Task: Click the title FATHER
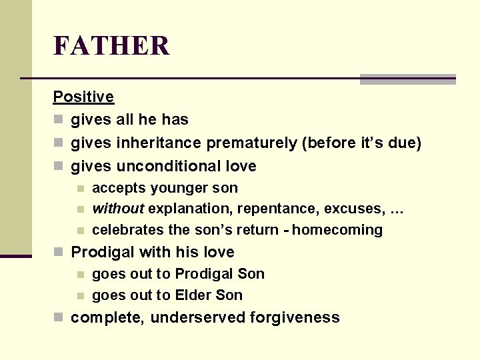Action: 111,46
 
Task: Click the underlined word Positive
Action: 83,97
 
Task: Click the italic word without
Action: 118,209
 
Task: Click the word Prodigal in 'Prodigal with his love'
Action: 101,252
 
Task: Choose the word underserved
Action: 198,317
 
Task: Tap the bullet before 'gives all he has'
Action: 59,120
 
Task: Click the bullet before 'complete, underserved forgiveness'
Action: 59,318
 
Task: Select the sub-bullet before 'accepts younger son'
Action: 80,189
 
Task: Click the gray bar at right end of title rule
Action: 407,79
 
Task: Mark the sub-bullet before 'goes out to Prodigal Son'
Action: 80,274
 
